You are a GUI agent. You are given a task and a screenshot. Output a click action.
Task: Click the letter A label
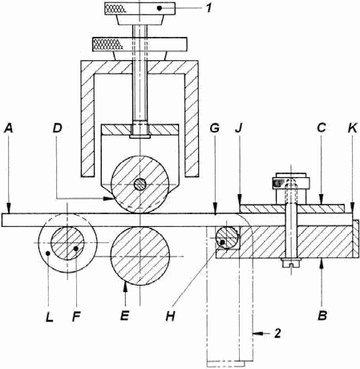tap(9, 128)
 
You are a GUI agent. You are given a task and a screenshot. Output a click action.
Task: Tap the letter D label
tap(58, 128)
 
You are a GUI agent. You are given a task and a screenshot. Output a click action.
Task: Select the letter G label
tap(215, 128)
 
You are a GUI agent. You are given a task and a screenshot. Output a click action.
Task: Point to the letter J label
tap(238, 128)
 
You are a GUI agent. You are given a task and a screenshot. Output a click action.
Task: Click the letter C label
tap(322, 128)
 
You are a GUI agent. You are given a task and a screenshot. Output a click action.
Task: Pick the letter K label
tap(353, 128)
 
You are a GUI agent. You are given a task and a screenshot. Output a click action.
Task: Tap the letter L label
tap(49, 316)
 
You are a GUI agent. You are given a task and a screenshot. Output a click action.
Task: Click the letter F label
tap(76, 316)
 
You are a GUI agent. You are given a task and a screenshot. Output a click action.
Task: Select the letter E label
tap(125, 316)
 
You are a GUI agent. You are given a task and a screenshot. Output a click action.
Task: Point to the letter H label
tap(170, 316)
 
